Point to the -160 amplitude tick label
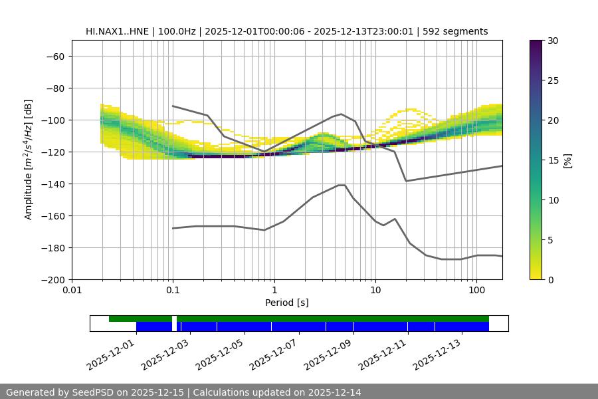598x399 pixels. [x=52, y=215]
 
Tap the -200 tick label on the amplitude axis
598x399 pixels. [x=52, y=279]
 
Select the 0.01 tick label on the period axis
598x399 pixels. [x=72, y=291]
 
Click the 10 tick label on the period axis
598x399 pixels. [x=375, y=291]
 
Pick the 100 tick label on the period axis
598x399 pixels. [x=476, y=291]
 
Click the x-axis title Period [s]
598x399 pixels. [x=286, y=303]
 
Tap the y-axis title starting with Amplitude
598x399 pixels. [x=28, y=160]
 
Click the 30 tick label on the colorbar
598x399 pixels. [x=552, y=41]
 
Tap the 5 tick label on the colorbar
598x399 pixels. [x=549, y=239]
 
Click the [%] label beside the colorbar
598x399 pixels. [x=567, y=160]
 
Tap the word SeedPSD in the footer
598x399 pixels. [x=93, y=392]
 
